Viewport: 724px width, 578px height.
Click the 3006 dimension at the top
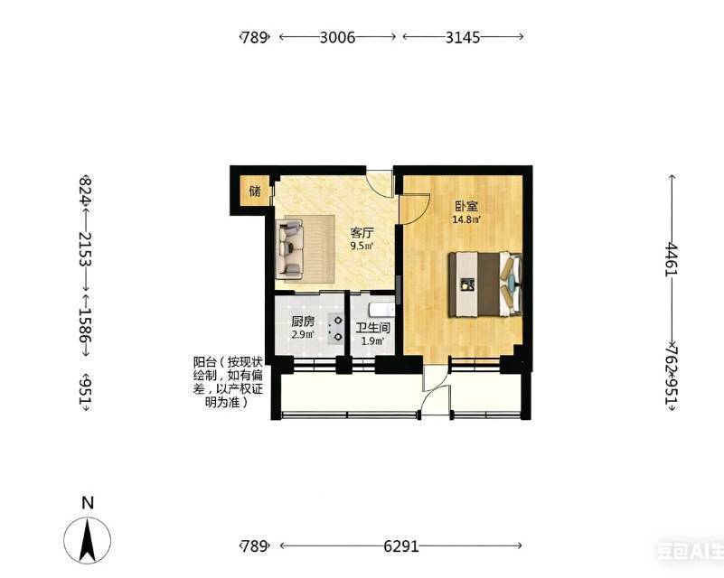tap(337, 37)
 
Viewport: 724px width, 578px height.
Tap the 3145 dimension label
tap(463, 37)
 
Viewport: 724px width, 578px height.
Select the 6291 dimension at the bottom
tap(401, 546)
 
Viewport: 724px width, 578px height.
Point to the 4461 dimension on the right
tap(671, 259)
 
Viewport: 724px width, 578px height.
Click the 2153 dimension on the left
tap(85, 249)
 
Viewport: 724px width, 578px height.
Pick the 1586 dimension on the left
tap(85, 325)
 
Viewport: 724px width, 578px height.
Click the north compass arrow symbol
tap(88, 540)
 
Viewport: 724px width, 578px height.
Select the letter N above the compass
tap(88, 502)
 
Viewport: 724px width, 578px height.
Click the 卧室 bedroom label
tap(465, 206)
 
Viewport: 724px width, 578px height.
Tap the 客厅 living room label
tap(362, 233)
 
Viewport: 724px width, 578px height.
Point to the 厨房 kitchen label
tap(303, 322)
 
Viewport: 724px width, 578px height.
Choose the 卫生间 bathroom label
tap(372, 328)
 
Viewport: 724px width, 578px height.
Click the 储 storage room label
tap(255, 191)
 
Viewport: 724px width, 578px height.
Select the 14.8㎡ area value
tap(466, 219)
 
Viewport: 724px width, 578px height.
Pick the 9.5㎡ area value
tap(362, 246)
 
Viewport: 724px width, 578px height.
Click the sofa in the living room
tap(289, 249)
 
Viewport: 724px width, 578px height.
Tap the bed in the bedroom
tap(485, 284)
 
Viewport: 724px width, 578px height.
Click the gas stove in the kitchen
tap(335, 328)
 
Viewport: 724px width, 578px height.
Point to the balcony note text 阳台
tap(202, 361)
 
